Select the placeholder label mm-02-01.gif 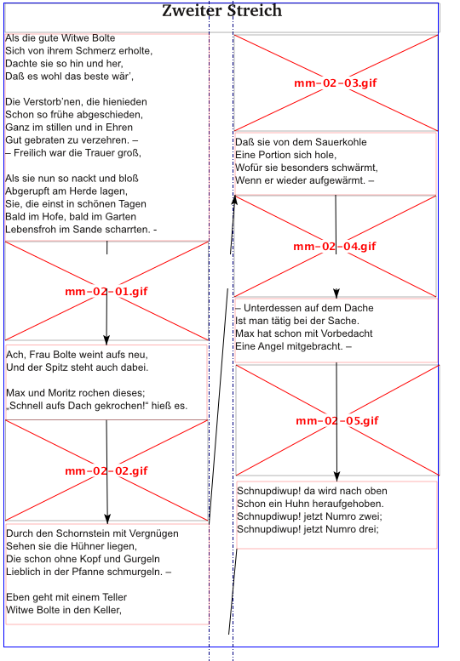coord(106,291)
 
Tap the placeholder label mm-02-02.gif coord(106,471)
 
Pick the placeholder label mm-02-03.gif coord(336,83)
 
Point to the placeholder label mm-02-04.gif coord(335,246)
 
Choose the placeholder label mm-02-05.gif coord(337,421)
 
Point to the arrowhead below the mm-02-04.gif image coord(336,293)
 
